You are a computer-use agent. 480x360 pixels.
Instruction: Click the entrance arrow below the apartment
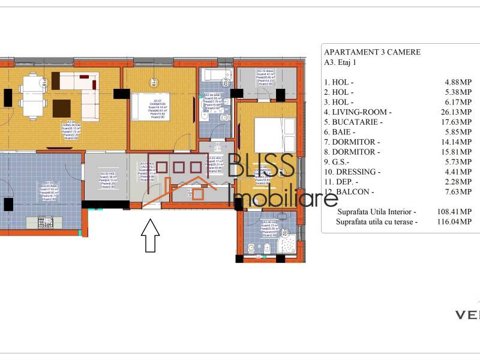[149, 236]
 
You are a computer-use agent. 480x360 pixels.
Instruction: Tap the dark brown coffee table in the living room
[61, 108]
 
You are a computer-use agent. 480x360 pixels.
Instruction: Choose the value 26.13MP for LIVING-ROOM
[458, 112]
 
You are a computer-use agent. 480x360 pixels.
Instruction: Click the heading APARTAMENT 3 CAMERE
[372, 52]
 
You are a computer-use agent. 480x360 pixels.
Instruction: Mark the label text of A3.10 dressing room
[266, 77]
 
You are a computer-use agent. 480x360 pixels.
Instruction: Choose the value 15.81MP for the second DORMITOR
[458, 152]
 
